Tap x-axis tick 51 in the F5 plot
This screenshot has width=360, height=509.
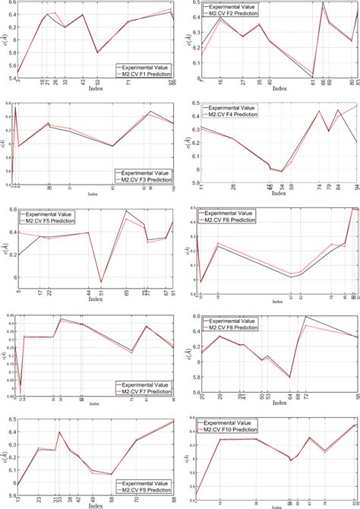coord(100,291)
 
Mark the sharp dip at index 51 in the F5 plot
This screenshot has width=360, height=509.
coord(100,282)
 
